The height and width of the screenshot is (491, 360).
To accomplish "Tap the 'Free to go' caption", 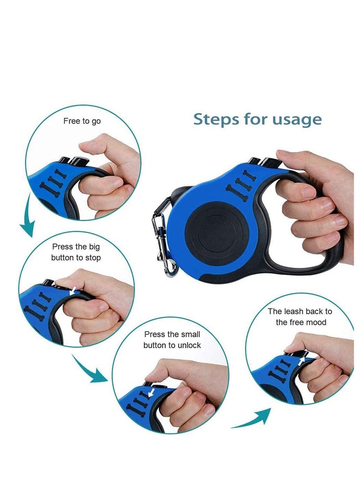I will (82, 122).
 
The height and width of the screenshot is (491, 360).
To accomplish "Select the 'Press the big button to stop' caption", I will (76, 252).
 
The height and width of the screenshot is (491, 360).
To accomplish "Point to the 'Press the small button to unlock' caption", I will (172, 340).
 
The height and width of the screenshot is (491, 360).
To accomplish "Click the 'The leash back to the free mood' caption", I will (300, 317).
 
